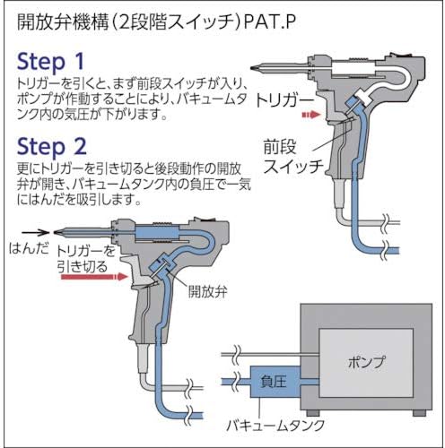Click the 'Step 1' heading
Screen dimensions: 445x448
50,62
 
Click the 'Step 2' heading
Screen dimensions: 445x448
52,147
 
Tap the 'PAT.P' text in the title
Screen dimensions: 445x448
270,22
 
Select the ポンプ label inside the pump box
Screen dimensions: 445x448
366,362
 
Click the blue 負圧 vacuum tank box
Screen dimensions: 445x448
275,382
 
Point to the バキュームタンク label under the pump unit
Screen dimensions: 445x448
275,425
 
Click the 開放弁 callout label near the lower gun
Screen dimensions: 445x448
207,291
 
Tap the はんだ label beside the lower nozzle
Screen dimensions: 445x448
29,248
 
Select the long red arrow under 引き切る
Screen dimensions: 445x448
94,277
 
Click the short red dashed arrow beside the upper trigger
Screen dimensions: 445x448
311,115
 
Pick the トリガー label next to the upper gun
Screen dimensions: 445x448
284,101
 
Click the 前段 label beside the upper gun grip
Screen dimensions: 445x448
280,147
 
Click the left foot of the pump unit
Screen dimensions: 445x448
314,413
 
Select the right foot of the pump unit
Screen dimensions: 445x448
419,413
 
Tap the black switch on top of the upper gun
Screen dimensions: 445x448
402,55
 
